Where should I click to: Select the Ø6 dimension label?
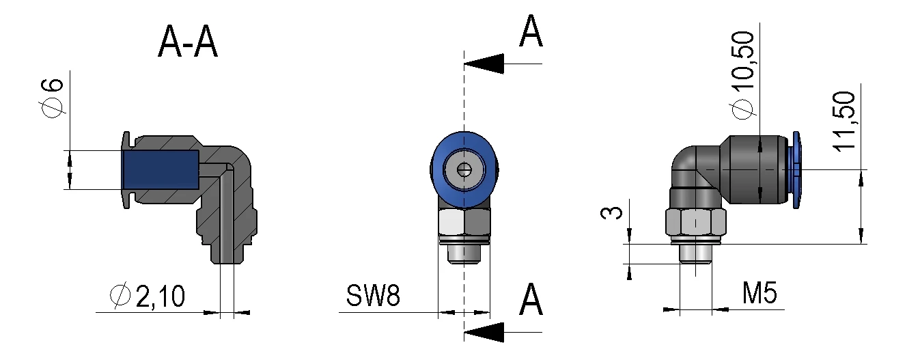click(54, 97)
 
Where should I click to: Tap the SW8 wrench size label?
click(372, 296)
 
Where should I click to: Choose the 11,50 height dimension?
click(846, 121)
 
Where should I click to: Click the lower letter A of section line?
click(531, 301)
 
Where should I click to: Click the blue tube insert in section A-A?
click(160, 169)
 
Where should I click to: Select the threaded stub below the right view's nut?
click(696, 254)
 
